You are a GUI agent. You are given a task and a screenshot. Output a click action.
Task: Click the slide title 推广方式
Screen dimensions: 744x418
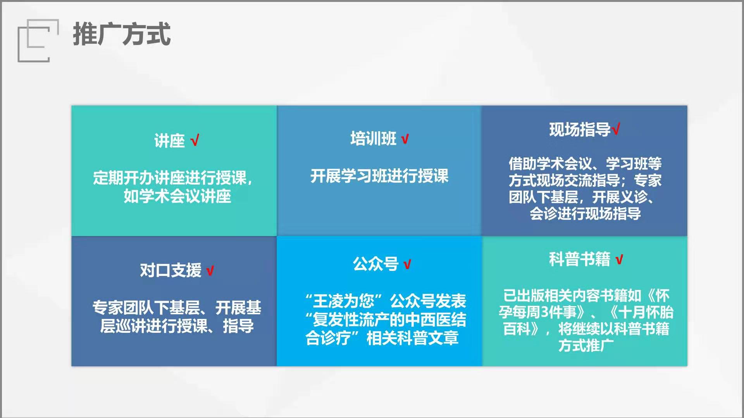pos(122,34)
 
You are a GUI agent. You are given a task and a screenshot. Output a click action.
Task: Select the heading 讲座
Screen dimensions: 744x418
pos(169,140)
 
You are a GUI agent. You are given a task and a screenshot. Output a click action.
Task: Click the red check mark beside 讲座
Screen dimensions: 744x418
pos(195,140)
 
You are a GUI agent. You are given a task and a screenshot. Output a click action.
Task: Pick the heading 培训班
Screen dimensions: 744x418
pos(373,138)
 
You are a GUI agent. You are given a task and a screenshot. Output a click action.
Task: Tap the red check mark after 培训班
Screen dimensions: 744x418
pos(405,139)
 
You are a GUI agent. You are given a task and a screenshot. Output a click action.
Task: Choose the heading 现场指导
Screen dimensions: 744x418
pos(580,129)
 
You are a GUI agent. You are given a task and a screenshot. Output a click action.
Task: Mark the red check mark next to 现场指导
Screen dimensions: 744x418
pos(616,128)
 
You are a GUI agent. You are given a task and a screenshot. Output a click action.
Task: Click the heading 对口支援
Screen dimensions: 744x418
pos(170,270)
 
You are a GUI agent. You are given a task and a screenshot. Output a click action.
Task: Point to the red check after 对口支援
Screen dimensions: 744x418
pos(210,271)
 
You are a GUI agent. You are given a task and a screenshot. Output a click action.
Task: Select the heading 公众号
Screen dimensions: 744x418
pos(375,264)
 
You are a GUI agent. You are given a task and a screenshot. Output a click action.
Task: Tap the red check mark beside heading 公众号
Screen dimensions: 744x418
pos(407,264)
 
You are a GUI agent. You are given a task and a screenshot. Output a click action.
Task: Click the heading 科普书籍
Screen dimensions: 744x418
pos(579,259)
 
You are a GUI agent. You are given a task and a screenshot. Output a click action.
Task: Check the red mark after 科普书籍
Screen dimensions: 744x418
pos(619,259)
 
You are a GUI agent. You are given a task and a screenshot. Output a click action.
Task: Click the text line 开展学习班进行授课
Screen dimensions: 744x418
pos(379,176)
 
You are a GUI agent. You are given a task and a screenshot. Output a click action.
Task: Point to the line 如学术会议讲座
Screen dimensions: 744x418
pos(177,196)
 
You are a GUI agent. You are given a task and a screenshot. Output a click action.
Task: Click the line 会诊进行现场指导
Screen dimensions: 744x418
pos(585,213)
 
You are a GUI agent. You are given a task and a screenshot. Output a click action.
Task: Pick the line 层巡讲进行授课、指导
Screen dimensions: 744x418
pos(177,326)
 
